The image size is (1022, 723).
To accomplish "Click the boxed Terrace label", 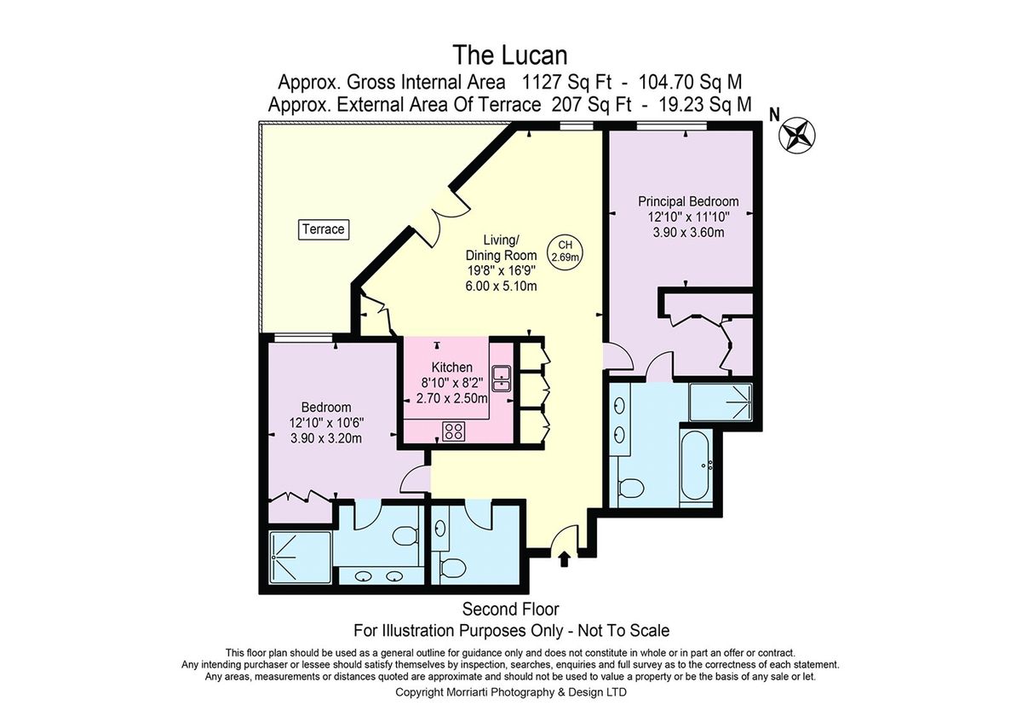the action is [x=324, y=229].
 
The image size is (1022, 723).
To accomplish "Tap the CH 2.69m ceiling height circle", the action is [x=566, y=252].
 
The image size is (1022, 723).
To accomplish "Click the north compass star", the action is [x=796, y=135].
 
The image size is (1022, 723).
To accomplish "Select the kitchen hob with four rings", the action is [x=453, y=431].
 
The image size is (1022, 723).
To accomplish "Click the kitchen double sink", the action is [x=501, y=379].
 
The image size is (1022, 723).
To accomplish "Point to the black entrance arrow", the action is [x=565, y=558].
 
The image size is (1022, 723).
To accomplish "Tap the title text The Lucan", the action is [x=510, y=55].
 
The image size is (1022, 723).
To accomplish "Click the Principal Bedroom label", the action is [x=688, y=201].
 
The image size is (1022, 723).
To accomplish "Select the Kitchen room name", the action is [x=451, y=367].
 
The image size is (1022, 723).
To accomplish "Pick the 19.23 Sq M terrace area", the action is [x=705, y=105].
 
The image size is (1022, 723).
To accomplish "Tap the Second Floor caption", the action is [x=510, y=609].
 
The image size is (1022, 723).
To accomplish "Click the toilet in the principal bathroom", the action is [x=631, y=489].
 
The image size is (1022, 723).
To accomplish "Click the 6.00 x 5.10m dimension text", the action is [x=501, y=286].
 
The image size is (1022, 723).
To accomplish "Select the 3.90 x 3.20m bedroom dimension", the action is [x=325, y=438].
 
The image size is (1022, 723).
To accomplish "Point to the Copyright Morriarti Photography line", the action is [x=511, y=692].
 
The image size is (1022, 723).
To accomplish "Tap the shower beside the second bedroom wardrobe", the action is [x=300, y=557].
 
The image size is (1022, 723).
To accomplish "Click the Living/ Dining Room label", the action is [x=501, y=247].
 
